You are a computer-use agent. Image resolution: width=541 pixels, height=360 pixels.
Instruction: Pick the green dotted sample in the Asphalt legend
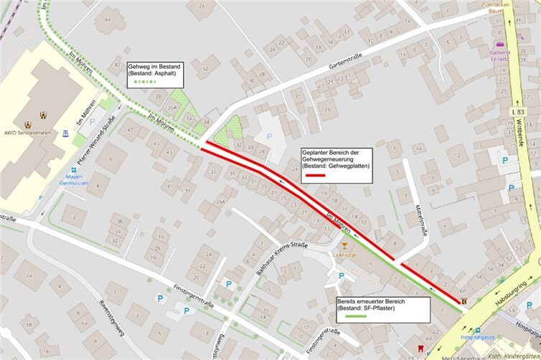144,82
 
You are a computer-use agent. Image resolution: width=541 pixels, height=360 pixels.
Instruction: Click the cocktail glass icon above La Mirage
344,247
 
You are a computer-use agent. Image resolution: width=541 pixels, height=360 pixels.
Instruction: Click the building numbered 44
108,20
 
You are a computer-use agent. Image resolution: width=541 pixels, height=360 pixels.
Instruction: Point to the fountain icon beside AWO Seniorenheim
65,133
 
